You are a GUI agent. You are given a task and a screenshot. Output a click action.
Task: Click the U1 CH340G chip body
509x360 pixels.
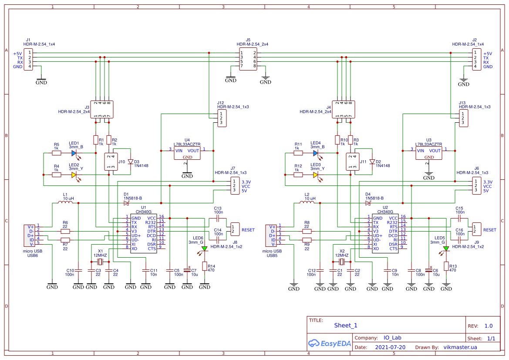coord(143,233)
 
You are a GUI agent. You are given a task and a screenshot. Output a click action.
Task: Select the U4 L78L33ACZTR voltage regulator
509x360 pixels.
coord(187,153)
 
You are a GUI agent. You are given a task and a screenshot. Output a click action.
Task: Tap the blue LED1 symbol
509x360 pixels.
coord(74,153)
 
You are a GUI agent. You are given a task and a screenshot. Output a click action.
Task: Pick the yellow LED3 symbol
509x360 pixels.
coord(316,175)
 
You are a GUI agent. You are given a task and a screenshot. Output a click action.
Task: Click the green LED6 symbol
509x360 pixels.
coord(204,249)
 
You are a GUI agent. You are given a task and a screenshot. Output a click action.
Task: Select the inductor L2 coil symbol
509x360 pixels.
coord(307,202)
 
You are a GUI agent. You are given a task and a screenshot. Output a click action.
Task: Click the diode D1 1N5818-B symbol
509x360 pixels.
coord(126,203)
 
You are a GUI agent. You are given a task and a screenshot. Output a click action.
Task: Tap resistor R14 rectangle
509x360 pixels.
coord(204,266)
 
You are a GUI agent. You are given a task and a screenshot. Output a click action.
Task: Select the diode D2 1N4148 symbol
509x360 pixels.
coord(372,161)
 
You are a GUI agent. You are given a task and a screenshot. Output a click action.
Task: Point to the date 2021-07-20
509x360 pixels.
coord(390,347)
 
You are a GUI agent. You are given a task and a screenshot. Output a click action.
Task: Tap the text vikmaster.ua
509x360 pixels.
coord(460,347)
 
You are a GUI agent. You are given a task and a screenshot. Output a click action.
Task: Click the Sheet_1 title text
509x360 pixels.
coord(346,325)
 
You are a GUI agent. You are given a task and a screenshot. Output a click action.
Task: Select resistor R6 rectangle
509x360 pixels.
coord(65,231)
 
